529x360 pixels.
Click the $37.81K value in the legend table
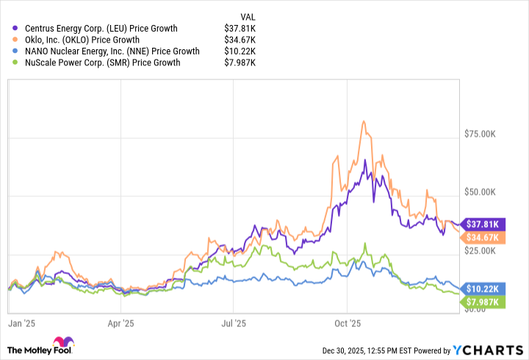click(x=240, y=29)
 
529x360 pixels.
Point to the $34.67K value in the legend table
click(x=240, y=40)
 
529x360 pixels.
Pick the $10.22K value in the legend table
click(x=240, y=51)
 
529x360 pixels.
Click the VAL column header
click(x=248, y=16)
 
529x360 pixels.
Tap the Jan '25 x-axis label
click(x=22, y=322)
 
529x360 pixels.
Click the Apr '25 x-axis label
click(x=121, y=322)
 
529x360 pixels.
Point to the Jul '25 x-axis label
click(x=234, y=322)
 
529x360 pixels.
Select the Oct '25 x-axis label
click(x=346, y=322)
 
